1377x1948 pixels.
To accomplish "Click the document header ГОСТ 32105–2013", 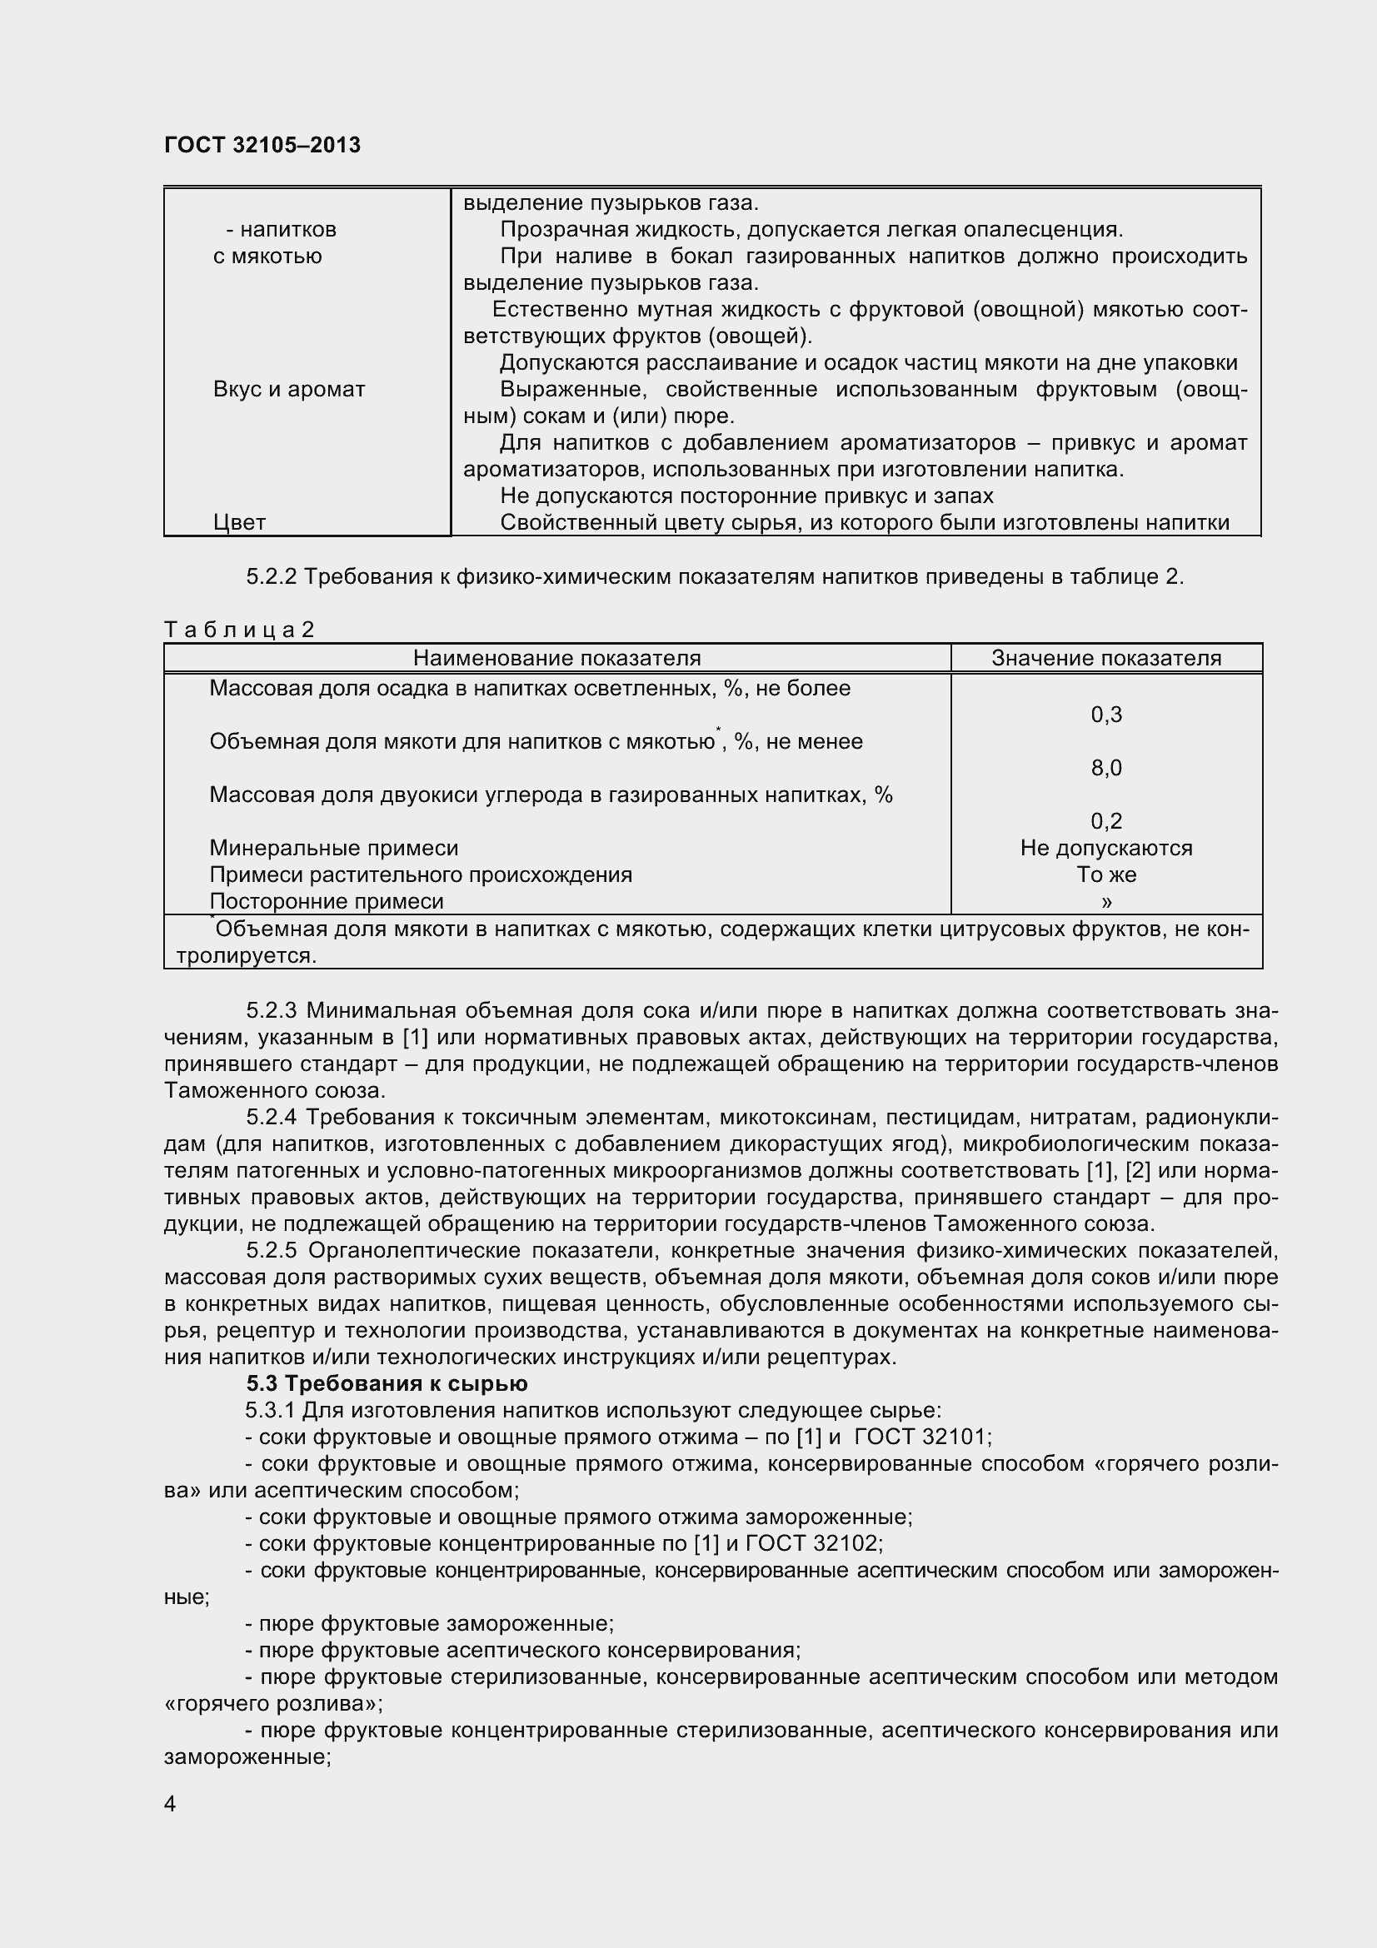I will pos(262,145).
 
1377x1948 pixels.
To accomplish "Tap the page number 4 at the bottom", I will pos(170,1826).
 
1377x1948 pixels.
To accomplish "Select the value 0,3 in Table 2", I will pos(1105,715).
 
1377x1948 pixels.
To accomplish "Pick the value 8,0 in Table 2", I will pos(1105,768).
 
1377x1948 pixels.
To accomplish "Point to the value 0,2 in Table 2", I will pos(1105,820).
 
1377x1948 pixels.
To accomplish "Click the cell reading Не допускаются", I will pos(1105,848).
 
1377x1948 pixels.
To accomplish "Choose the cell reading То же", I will pos(1105,874).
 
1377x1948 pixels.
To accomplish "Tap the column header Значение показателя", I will pos(1105,658).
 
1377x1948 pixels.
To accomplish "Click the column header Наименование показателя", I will pos(556,658).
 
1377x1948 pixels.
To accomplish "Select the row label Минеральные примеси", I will pos(333,848).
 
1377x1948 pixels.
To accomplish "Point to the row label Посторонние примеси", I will pos(326,901).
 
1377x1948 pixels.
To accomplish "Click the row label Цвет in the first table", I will pos(239,523).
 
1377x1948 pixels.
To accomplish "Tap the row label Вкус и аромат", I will pos(289,390).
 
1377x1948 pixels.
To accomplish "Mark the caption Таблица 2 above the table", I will pos(239,629).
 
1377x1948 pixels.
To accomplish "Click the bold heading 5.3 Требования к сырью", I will pos(387,1384).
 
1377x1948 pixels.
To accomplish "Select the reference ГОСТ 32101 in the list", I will pos(920,1437).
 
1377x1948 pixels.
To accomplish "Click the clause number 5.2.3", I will pos(271,1010).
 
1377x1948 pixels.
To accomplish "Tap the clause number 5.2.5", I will pos(271,1251).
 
